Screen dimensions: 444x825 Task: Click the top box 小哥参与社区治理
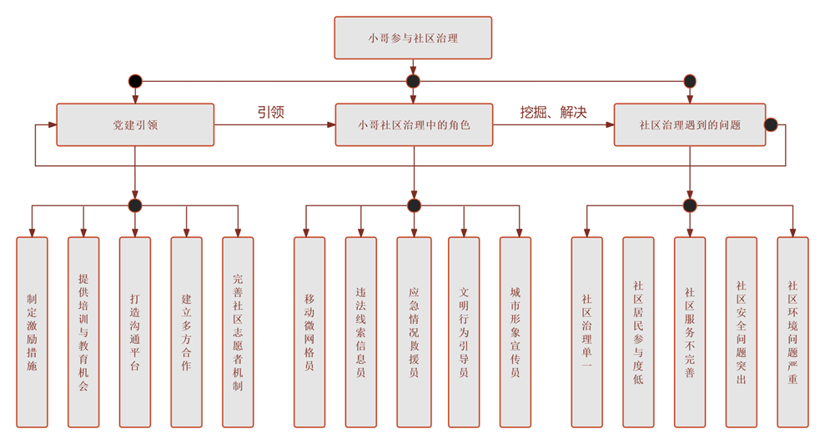pos(413,38)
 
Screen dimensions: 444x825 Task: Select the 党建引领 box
pos(135,124)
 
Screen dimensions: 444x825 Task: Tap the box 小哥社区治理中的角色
pos(414,124)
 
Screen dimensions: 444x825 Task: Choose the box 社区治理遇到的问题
pos(689,124)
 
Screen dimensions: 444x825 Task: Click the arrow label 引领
pos(270,112)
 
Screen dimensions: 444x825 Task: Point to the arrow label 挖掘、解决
pos(553,112)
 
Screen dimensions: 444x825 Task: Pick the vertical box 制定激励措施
pos(32,331)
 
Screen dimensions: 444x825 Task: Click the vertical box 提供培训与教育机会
pos(83,331)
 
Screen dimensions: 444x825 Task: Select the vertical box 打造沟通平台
pos(135,331)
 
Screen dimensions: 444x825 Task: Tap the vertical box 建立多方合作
pos(186,331)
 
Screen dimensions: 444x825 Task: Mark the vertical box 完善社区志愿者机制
pos(238,331)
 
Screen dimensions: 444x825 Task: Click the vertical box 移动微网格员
pos(309,331)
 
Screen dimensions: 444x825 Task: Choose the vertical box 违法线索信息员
pos(361,331)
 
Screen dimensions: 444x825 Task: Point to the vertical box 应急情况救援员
pos(414,331)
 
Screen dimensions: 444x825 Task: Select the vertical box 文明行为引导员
pos(464,331)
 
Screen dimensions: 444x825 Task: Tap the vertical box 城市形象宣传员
pos(516,331)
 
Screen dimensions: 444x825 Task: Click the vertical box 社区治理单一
pos(586,331)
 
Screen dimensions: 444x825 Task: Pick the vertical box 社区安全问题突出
pos(741,331)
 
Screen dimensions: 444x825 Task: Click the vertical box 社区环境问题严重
pos(792,331)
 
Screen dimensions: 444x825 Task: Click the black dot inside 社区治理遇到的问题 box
pos(771,125)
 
